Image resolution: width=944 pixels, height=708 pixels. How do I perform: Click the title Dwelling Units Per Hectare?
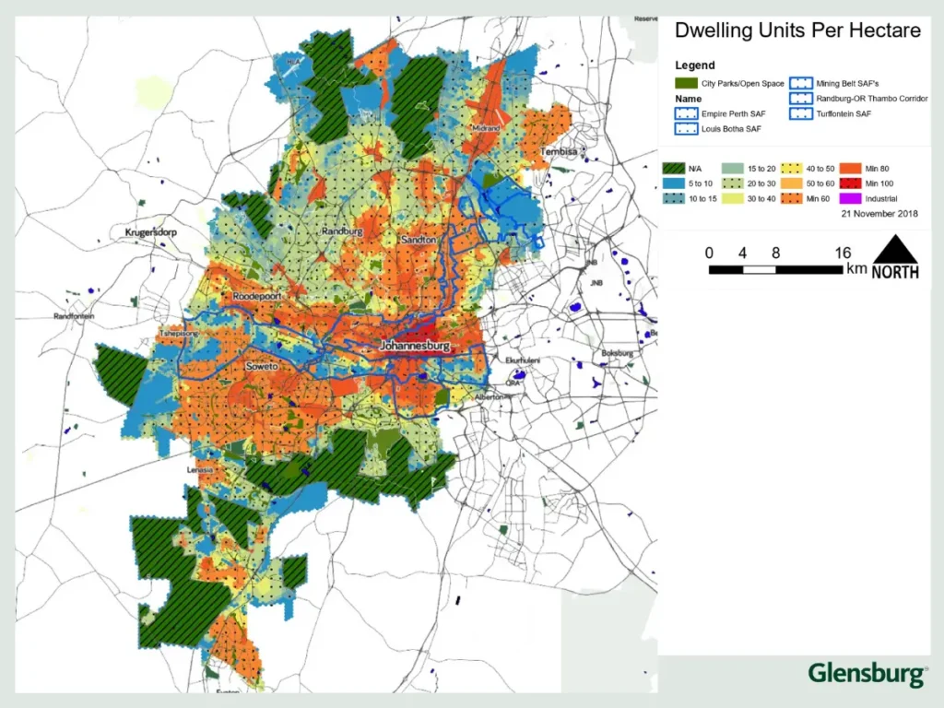[x=797, y=30]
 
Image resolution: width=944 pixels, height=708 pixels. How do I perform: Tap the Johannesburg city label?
[x=414, y=347]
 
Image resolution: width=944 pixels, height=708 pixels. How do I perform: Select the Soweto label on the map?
[x=262, y=367]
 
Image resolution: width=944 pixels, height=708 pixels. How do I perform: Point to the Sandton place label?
[x=418, y=240]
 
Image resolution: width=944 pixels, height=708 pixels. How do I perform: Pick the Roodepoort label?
[x=256, y=296]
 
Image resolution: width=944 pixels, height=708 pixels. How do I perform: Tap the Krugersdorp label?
[x=149, y=233]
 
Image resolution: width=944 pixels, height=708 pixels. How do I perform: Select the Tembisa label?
[x=558, y=150]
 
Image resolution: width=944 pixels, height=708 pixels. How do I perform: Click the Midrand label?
[x=485, y=128]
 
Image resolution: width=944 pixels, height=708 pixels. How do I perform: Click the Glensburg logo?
[x=867, y=673]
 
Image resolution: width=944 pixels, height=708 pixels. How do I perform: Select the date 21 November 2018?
[x=879, y=213]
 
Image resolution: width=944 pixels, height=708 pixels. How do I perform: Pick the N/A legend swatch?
[x=673, y=169]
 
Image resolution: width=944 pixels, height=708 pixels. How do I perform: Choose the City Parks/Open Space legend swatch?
[x=687, y=83]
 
